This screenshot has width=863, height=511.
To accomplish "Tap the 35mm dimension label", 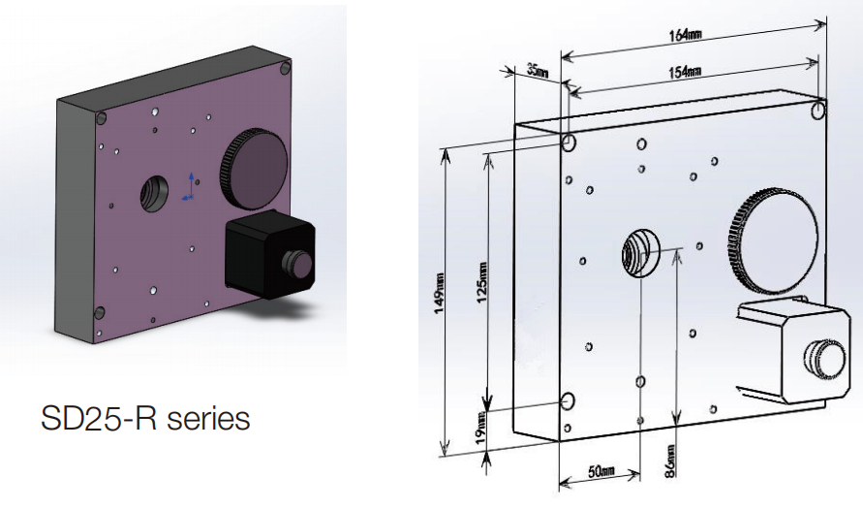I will click(x=537, y=72).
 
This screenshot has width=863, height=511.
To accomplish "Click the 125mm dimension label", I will click(x=482, y=282).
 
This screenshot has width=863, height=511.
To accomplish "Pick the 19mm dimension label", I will click(x=482, y=424).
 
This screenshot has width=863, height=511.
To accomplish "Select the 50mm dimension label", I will click(x=601, y=471).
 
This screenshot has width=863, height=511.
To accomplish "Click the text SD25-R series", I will click(x=146, y=419).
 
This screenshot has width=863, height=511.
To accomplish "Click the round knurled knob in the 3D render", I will click(x=255, y=167).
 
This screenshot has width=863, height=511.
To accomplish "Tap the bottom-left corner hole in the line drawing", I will click(x=569, y=401).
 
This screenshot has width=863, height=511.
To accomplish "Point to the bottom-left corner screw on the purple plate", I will click(x=97, y=312).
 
